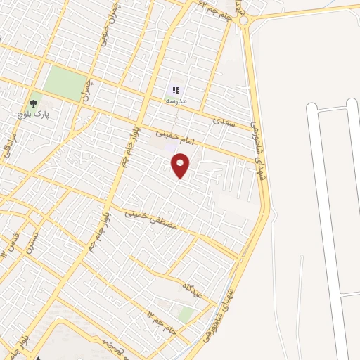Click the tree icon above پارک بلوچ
[34, 98]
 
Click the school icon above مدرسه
[175, 90]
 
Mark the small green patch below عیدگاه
[184, 314]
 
